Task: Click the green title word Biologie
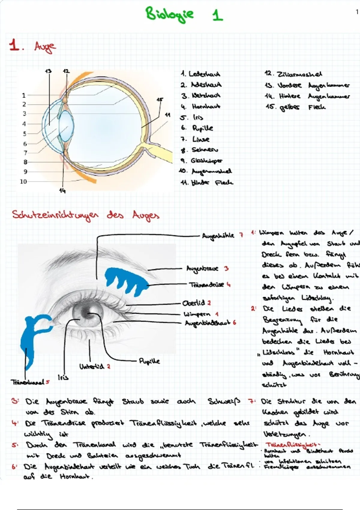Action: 169,14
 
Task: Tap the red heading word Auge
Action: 45,47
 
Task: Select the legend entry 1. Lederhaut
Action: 200,74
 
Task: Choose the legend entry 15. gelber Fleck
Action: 295,107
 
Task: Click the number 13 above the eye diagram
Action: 48,71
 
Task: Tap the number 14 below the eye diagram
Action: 62,190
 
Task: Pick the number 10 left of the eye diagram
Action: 23,181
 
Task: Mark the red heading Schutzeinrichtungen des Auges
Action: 85,215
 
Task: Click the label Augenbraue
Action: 202,268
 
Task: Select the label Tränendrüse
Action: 206,284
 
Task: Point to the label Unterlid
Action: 92,367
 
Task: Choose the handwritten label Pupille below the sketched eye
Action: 149,361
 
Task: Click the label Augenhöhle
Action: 218,236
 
